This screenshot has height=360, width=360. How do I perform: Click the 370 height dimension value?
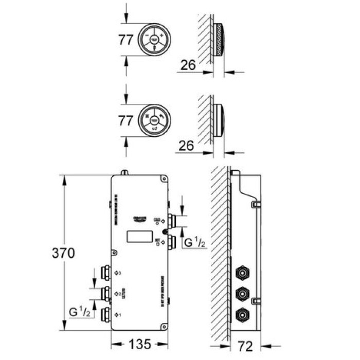(63, 253)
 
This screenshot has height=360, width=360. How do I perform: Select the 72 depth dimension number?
(246, 346)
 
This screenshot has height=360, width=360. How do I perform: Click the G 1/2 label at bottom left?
(80, 312)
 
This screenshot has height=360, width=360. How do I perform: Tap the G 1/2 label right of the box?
(195, 242)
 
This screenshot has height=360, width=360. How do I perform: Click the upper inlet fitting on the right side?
(172, 222)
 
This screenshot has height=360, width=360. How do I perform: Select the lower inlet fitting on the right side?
(172, 242)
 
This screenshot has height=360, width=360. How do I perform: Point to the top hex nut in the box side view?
(240, 273)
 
